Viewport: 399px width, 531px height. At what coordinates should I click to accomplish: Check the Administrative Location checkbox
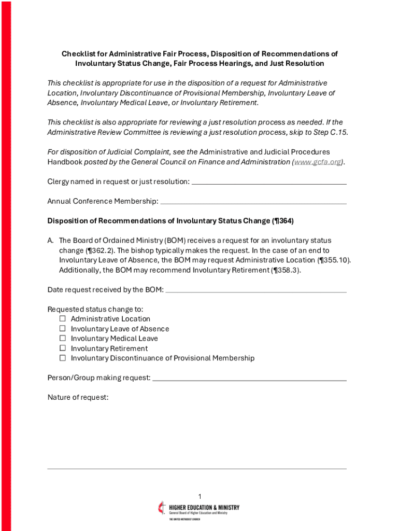[x=63, y=319]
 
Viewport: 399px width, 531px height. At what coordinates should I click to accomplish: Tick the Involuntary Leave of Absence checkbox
[x=63, y=329]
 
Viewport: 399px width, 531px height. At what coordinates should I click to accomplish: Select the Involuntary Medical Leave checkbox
[x=63, y=339]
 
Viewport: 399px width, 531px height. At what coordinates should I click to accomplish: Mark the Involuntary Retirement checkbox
[x=63, y=348]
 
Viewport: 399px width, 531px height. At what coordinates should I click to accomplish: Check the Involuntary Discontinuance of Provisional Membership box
[x=63, y=358]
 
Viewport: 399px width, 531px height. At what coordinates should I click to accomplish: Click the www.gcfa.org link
[x=318, y=162]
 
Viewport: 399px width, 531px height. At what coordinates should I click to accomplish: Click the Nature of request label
[x=78, y=397]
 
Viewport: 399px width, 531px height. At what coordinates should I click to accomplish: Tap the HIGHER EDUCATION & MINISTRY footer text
[x=204, y=507]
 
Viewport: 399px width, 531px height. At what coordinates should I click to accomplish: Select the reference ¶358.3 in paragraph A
[x=286, y=270]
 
